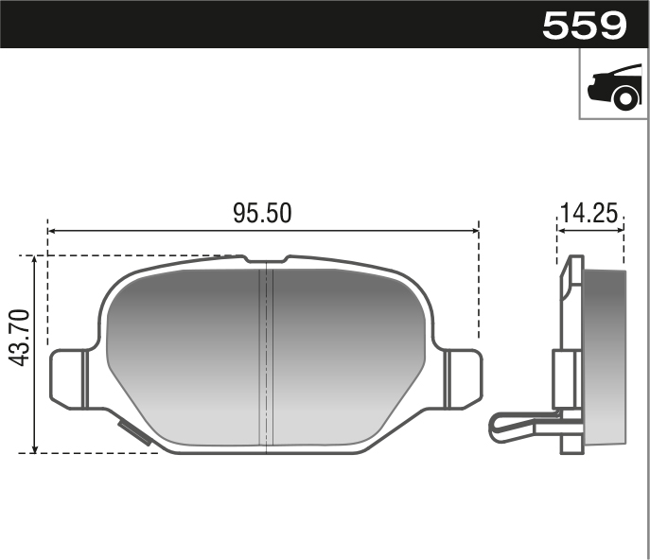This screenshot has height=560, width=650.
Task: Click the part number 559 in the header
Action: [x=585, y=26]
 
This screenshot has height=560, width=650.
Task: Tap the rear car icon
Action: [x=614, y=87]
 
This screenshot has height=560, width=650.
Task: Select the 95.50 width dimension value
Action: [x=262, y=213]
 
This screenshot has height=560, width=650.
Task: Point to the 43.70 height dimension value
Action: [x=20, y=338]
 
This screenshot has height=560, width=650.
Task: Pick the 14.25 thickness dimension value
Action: [x=589, y=213]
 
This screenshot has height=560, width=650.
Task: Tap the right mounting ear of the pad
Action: [x=464, y=379]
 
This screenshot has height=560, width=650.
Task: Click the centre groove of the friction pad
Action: [x=266, y=358]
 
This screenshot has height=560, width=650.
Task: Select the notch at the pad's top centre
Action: [x=266, y=259]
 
